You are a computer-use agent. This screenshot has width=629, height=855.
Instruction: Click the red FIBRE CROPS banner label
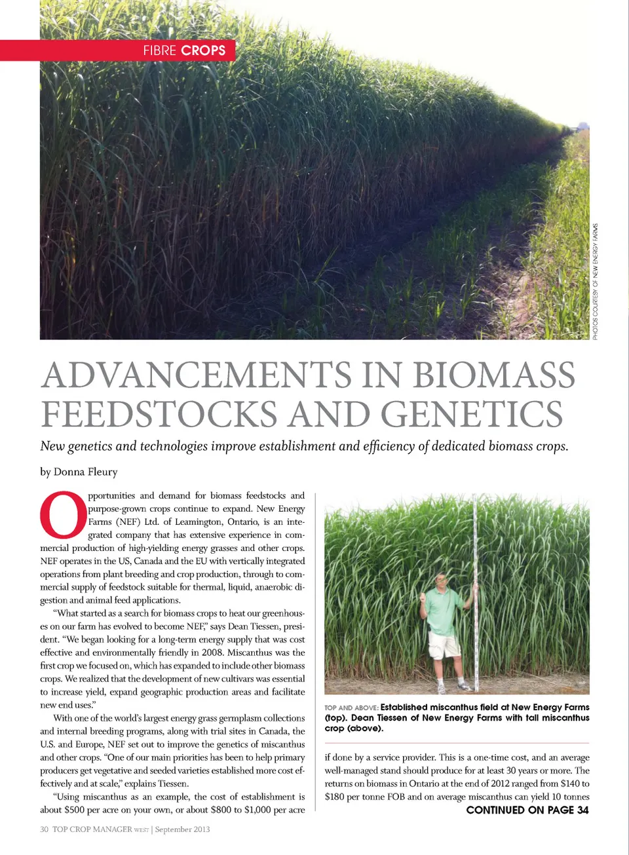pos(184,50)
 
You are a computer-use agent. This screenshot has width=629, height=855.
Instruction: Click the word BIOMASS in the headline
pos(494,375)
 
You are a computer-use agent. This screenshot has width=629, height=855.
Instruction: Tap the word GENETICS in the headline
pos(472,415)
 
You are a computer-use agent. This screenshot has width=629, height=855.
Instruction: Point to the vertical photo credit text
pos(595,282)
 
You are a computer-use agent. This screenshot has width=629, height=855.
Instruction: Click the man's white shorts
pos(443,645)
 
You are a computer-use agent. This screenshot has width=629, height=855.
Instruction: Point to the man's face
pos(441,581)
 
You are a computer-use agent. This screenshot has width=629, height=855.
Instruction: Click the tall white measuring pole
pos(475,590)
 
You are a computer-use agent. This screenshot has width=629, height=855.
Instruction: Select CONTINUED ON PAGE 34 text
pos(527,810)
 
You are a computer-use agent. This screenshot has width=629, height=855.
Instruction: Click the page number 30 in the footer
pos(44,829)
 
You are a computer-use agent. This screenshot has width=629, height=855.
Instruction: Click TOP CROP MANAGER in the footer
pos(92,829)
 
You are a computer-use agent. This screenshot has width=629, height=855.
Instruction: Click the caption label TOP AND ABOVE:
pos(351,708)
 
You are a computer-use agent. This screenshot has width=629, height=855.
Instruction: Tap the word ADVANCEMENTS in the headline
pos(197,375)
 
